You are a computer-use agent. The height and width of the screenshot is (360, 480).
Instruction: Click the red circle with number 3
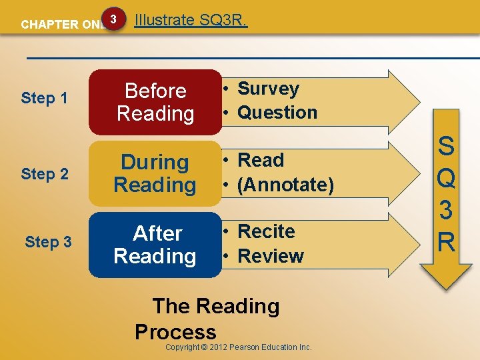coord(114,20)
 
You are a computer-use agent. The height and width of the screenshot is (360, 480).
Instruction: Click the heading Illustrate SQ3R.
coord(191,20)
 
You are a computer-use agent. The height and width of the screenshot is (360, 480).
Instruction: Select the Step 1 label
coord(45,98)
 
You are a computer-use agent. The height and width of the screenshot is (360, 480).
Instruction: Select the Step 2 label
coord(45,174)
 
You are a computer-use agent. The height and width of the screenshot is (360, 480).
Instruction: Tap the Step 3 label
coord(48,242)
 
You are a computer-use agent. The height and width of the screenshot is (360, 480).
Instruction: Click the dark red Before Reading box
coord(155,102)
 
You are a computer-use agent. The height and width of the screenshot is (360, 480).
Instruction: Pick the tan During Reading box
coord(155,173)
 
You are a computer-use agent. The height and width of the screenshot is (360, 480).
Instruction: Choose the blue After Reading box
coord(155,245)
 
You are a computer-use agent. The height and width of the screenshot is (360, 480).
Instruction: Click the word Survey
coord(268,89)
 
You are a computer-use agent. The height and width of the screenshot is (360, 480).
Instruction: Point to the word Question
coord(277,113)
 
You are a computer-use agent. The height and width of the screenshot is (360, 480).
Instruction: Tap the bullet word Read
coord(261,161)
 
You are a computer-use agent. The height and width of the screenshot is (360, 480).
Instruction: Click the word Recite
coord(266,231)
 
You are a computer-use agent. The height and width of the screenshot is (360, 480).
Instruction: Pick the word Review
coord(270,256)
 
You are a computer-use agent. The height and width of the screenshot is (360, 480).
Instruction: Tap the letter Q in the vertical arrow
coord(446,179)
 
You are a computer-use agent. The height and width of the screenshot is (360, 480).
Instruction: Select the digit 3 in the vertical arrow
coord(446,210)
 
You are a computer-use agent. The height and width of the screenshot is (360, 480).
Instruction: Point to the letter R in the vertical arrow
coord(446,241)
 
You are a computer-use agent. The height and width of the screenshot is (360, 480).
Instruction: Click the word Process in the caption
coord(175,332)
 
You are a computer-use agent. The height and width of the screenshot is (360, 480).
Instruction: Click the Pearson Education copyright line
coord(238,347)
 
